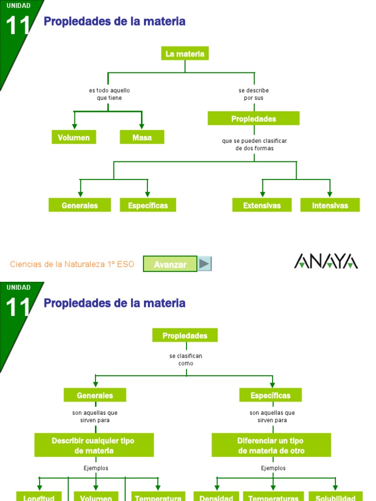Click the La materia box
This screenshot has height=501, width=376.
tap(185, 54)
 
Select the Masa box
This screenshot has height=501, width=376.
tap(142, 137)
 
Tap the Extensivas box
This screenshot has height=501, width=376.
tap(262, 205)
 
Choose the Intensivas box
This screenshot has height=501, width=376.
tap(330, 205)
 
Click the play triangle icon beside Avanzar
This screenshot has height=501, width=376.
tap(205, 264)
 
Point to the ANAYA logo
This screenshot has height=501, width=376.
tap(326, 261)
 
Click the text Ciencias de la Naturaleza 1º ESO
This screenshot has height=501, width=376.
tap(72, 264)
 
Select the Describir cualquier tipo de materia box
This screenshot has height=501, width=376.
tap(94, 446)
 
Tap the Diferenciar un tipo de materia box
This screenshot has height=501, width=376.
tap(271, 446)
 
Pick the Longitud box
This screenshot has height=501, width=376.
tap(39, 496)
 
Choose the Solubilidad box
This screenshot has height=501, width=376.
tap(335, 496)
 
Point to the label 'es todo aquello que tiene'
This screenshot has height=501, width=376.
tap(109, 94)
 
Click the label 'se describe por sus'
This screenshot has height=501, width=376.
tap(254, 94)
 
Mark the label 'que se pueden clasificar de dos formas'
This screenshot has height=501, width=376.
tap(254, 144)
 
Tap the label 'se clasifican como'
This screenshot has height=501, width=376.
tap(186, 360)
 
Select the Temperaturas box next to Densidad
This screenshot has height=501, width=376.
tap(273, 496)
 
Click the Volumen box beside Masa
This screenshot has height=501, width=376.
tap(74, 137)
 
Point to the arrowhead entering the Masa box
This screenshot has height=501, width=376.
tap(142, 127)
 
